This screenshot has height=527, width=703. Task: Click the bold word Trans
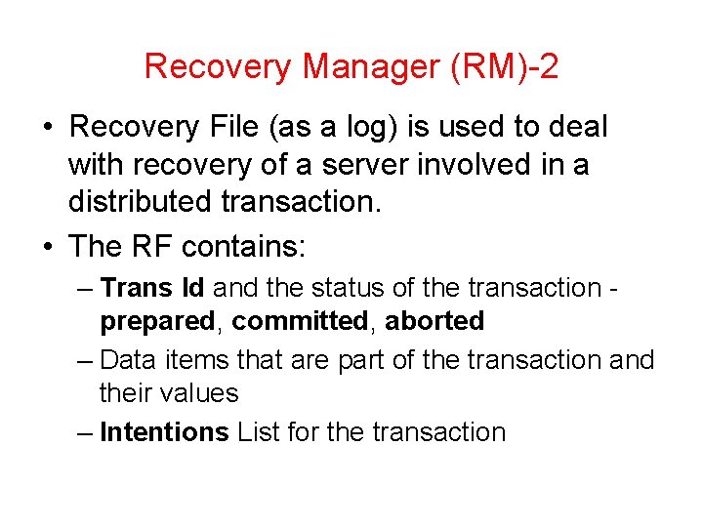pos(136,288)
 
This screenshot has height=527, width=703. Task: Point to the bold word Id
pos(192,288)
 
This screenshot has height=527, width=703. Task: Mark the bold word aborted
pos(435,321)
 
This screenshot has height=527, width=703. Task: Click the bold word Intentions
pos(164,432)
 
